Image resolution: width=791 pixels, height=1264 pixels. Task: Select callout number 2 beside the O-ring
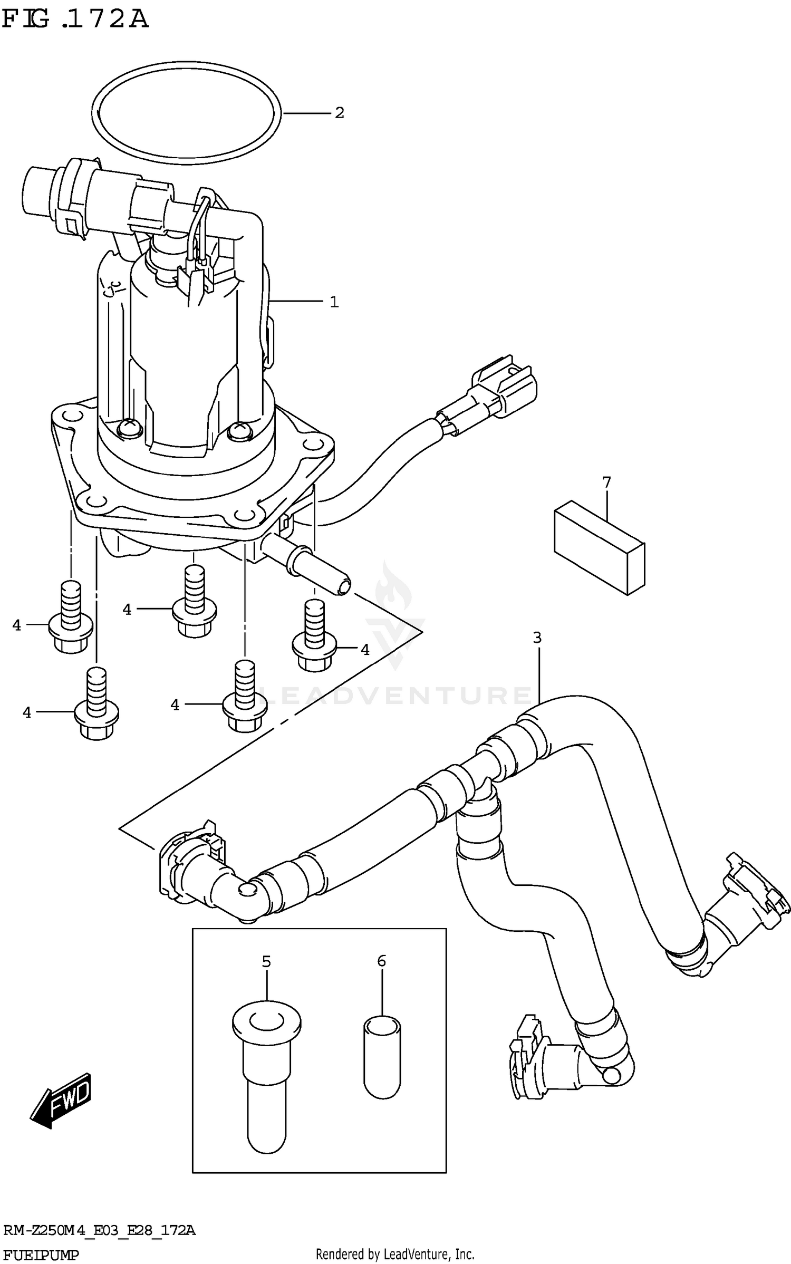pyautogui.click(x=339, y=113)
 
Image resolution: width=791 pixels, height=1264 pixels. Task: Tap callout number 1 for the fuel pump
pyautogui.click(x=334, y=302)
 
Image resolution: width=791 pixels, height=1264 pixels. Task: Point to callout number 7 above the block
pyautogui.click(x=606, y=482)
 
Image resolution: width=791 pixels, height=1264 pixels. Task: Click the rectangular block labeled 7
pyautogui.click(x=599, y=548)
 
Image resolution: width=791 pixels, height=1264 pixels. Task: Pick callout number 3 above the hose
pyautogui.click(x=537, y=638)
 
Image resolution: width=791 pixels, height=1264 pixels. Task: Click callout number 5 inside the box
pyautogui.click(x=266, y=961)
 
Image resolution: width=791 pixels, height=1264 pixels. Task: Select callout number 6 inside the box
pyautogui.click(x=382, y=961)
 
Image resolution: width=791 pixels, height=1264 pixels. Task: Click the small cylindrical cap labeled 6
pyautogui.click(x=382, y=1057)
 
